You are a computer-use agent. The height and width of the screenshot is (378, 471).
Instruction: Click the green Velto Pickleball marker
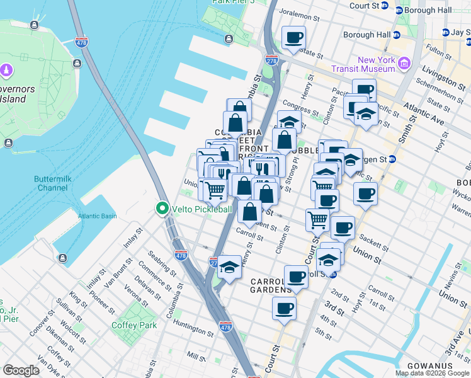162,209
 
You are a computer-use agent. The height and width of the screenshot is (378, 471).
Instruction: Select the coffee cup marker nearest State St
293,38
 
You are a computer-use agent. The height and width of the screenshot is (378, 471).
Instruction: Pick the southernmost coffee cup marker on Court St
284,309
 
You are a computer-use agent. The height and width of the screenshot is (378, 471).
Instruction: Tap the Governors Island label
13,93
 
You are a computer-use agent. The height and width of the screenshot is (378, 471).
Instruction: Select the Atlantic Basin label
98,216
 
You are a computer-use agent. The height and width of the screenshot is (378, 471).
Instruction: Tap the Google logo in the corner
21,370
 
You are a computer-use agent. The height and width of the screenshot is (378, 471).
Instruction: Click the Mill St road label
196,357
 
